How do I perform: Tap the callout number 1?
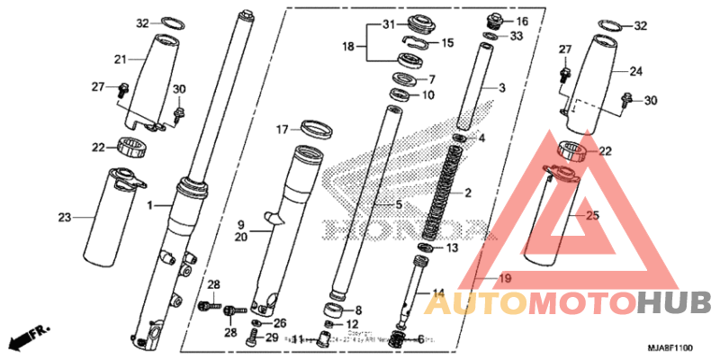pyautogui.click(x=151, y=206)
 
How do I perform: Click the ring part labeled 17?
pyautogui.click(x=313, y=126)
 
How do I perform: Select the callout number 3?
pyautogui.click(x=502, y=88)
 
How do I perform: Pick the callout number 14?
pyautogui.click(x=438, y=292)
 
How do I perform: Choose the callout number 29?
pyautogui.click(x=272, y=337)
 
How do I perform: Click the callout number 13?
pyautogui.click(x=452, y=247)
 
